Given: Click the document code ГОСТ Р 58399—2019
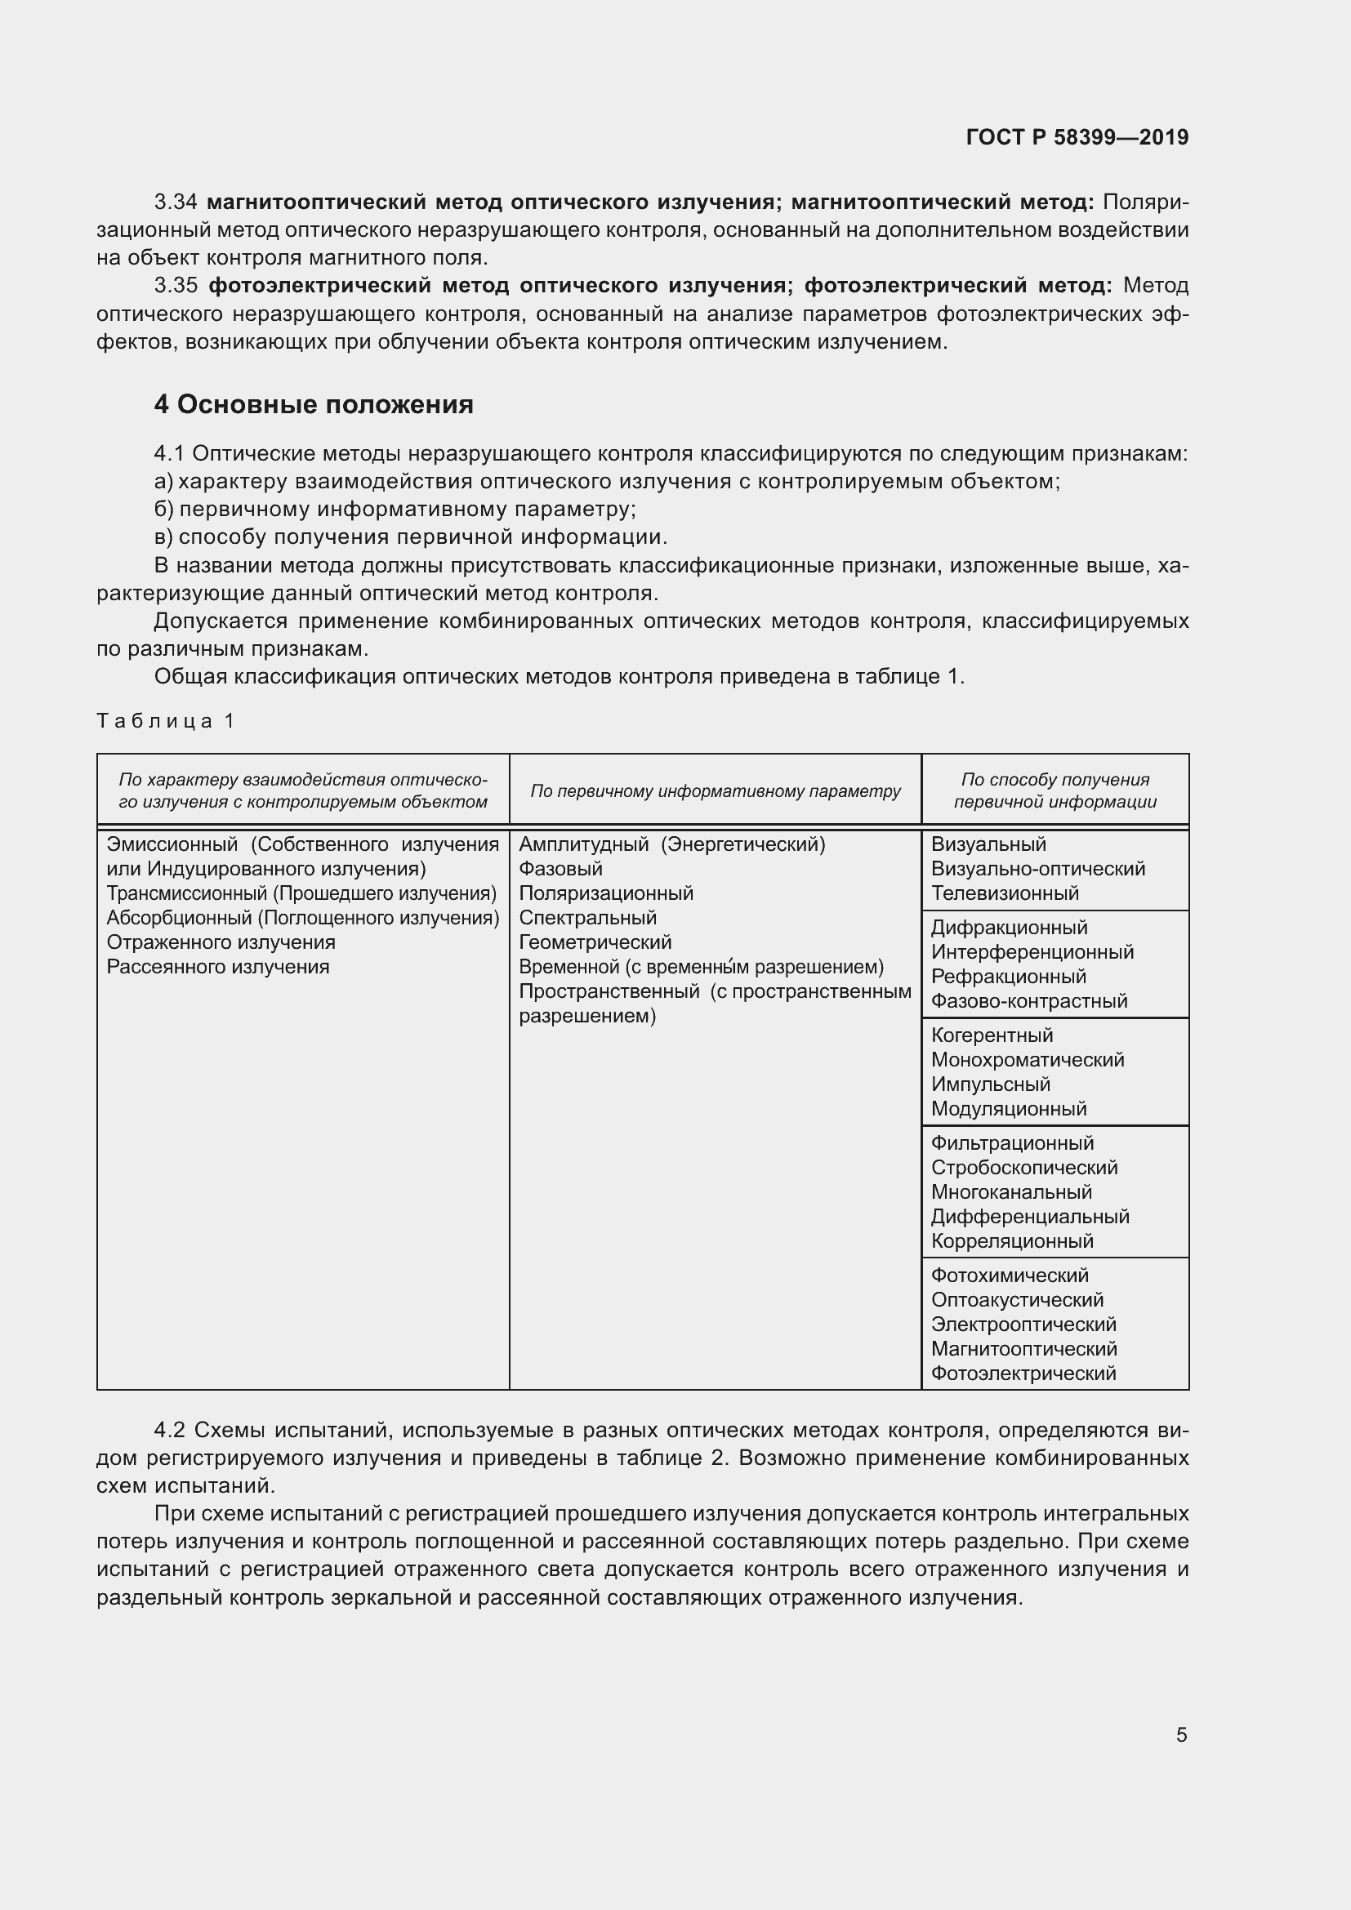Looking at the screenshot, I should [x=1077, y=137].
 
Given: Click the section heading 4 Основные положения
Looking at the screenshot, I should [x=314, y=404].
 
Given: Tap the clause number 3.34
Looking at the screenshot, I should [x=176, y=203].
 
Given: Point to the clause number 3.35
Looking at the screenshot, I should [x=176, y=286].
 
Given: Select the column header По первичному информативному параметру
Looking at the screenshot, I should [x=716, y=791].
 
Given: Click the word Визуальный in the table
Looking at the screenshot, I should [x=988, y=844].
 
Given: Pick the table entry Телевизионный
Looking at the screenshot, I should [x=1005, y=893].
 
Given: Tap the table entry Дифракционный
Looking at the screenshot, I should [x=1009, y=928].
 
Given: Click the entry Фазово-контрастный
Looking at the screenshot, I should [x=1029, y=1001].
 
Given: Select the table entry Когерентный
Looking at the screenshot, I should [x=992, y=1035].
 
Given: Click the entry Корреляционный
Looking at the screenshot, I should [x=1011, y=1241].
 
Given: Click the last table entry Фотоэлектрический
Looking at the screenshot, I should [x=1023, y=1374].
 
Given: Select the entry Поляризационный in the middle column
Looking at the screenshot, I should [x=605, y=893].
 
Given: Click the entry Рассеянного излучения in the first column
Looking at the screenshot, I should [x=218, y=967].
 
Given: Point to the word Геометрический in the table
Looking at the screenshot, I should [x=595, y=942].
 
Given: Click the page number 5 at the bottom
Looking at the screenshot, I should [x=1181, y=1735].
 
